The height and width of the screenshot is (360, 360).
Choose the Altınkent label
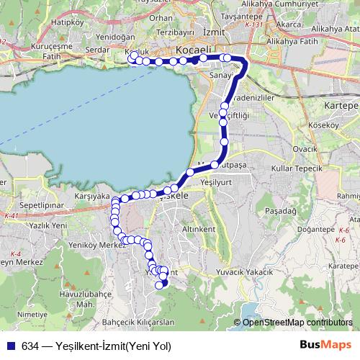coord(199,229)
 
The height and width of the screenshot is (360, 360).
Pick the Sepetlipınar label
coord(25,205)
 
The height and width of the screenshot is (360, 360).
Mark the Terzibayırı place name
coord(176,33)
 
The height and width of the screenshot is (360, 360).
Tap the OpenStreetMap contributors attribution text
coord(297,323)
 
